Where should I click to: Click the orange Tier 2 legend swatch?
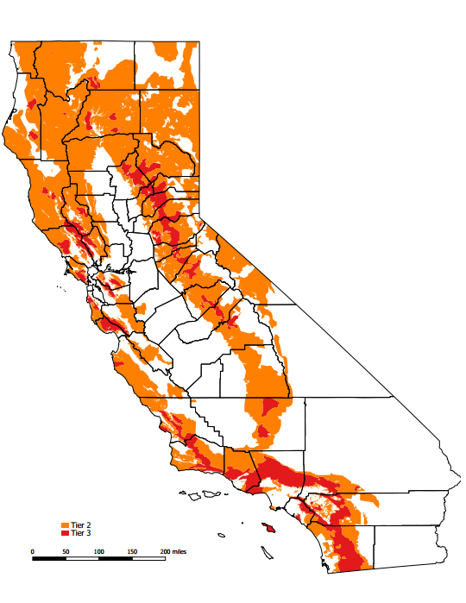[66, 525]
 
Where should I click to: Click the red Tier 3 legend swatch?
[66, 533]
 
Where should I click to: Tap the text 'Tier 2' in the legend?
[81, 525]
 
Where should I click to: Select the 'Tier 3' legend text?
[81, 533]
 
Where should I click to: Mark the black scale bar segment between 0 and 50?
[49, 558]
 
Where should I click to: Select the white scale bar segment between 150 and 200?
[148, 558]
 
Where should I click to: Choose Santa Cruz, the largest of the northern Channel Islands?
[207, 494]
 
